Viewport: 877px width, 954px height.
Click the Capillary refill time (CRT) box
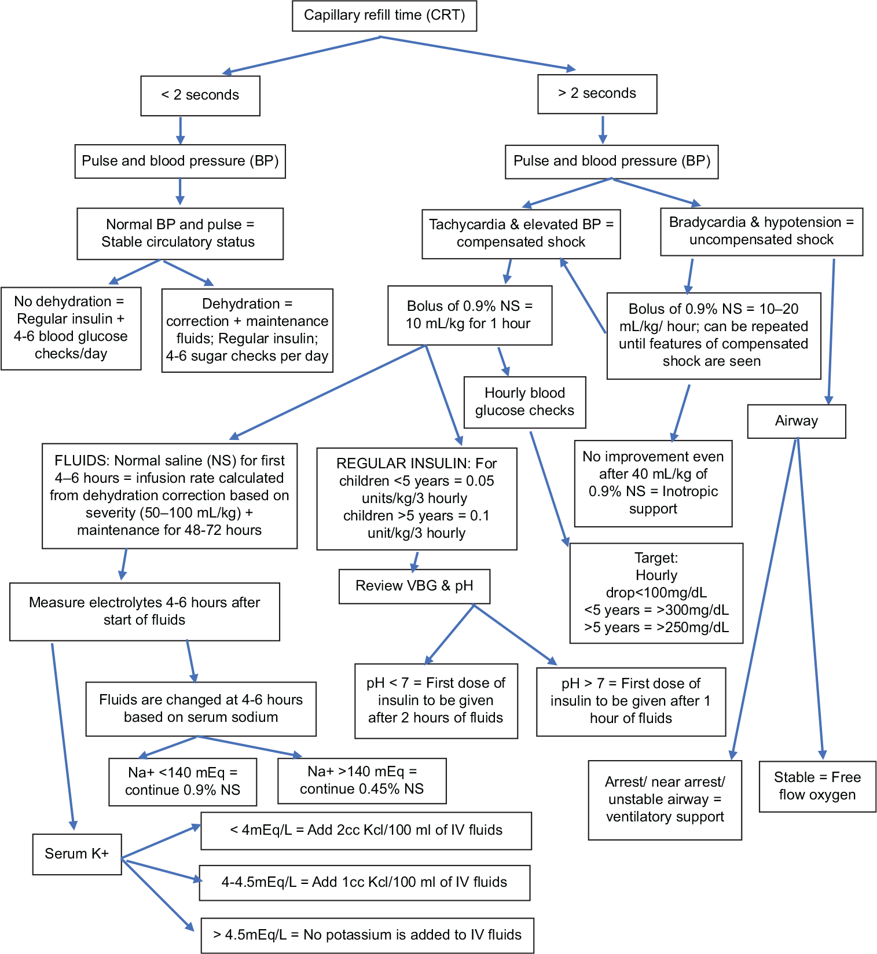point(384,16)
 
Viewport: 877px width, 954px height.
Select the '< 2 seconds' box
point(200,96)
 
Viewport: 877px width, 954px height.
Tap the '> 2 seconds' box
point(597,94)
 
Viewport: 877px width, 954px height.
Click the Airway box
point(797,421)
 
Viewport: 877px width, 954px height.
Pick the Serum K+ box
point(77,854)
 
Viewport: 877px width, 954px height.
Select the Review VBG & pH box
point(414,586)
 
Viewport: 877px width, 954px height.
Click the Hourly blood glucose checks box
point(525,402)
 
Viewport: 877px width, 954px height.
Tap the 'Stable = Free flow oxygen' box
point(817,786)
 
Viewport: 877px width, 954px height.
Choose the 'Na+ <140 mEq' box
point(183,781)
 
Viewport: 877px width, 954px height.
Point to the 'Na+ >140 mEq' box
point(362,780)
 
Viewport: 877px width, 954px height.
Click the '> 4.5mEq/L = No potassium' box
point(368,935)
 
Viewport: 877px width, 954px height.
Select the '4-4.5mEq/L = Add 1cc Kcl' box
point(365,882)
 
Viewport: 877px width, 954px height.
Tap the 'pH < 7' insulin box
point(436,701)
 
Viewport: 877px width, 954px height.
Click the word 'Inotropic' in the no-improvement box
point(690,491)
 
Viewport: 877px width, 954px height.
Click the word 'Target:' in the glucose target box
point(656,558)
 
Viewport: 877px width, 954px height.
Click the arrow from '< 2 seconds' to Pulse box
point(180,130)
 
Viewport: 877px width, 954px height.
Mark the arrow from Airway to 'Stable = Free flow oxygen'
point(810,599)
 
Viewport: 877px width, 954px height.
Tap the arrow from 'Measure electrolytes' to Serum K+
point(63,736)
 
